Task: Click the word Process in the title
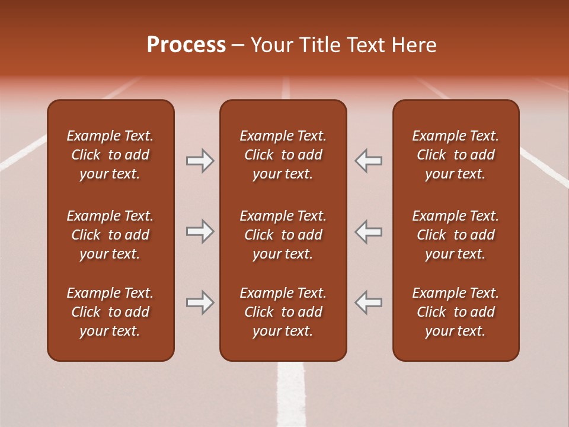click(x=186, y=45)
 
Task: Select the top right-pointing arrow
click(x=200, y=161)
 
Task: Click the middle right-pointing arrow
click(x=200, y=231)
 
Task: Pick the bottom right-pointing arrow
click(x=200, y=302)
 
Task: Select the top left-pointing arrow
click(x=368, y=161)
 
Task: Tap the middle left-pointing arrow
click(x=368, y=231)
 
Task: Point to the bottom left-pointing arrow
click(x=368, y=302)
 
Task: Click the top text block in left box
click(x=110, y=155)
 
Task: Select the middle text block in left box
click(x=110, y=235)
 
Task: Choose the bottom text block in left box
click(x=110, y=312)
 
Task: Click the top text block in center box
click(x=283, y=155)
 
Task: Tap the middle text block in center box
click(x=283, y=235)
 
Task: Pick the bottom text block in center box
click(x=283, y=312)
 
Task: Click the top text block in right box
click(x=455, y=155)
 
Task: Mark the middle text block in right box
click(x=455, y=235)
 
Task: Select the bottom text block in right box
click(x=455, y=312)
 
